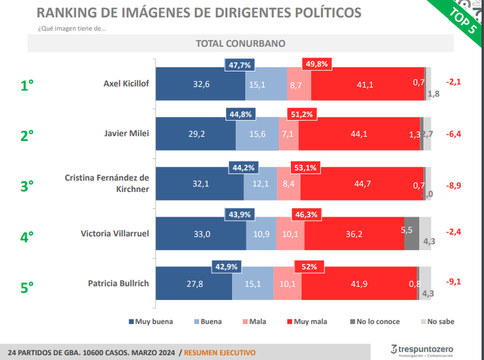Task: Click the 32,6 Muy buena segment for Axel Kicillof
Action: (200, 84)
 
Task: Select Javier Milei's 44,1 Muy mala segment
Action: (359, 134)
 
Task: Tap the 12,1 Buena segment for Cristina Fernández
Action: (260, 184)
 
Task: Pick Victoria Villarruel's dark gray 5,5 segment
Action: (412, 234)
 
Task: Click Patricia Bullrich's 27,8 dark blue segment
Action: (194, 283)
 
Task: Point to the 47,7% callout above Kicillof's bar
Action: (240, 65)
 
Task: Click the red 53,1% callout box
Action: (305, 168)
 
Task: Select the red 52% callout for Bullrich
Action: (309, 267)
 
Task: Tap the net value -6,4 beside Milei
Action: (453, 134)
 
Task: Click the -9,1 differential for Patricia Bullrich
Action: (453, 281)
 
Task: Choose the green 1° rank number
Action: (27, 85)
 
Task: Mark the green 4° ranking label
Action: (27, 237)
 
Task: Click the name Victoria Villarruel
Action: (115, 233)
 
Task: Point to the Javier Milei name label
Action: (127, 133)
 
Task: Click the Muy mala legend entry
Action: (307, 321)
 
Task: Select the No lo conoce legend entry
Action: (375, 321)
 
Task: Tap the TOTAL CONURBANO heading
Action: (240, 44)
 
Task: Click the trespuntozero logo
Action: (422, 350)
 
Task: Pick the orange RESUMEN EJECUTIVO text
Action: (220, 353)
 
